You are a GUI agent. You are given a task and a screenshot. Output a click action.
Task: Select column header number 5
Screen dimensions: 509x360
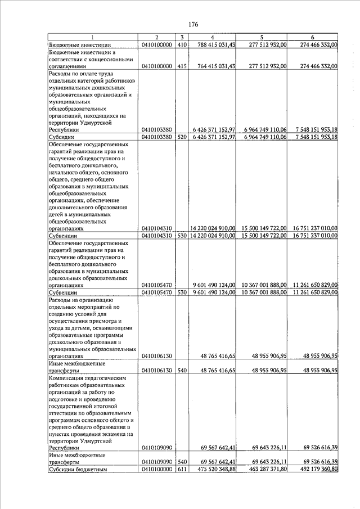(x=262, y=38)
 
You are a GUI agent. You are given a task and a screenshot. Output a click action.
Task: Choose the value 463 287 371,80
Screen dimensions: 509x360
(x=263, y=469)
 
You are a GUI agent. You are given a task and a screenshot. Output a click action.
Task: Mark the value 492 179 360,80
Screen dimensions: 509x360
(x=314, y=469)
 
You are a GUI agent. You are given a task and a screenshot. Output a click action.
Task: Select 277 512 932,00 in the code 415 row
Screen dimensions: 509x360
(x=263, y=66)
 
